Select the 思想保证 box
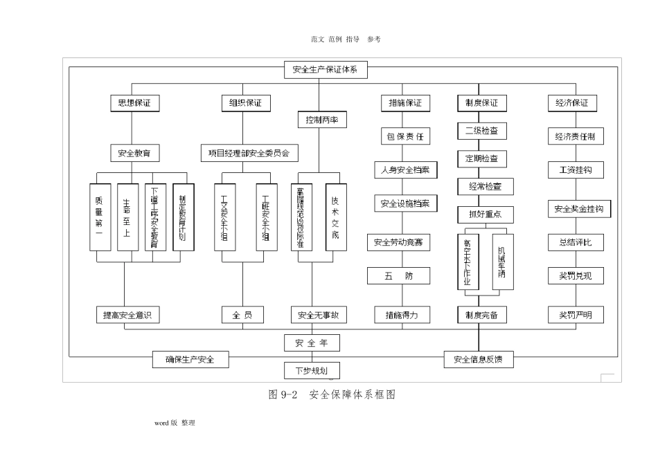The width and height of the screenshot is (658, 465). click(134, 103)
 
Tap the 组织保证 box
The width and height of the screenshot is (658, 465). click(245, 103)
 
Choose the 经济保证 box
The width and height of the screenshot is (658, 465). click(572, 103)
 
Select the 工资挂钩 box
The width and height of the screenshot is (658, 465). click(575, 170)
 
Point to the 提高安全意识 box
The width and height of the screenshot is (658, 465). click(127, 316)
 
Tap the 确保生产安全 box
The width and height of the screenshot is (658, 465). click(190, 360)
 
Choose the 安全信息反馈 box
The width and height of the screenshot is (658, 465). click(479, 360)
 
